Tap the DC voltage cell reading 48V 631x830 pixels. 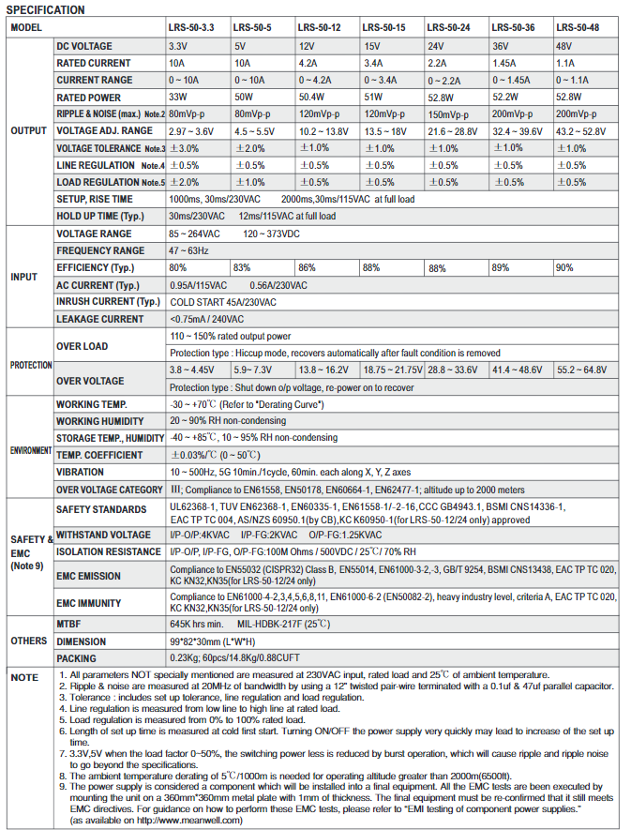pos(564,45)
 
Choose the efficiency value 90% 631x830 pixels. pos(564,267)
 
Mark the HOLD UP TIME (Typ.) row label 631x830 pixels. pos(99,216)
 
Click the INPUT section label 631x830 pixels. pos(23,277)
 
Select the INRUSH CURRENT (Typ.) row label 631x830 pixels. pos(108,301)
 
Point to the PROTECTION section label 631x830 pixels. pos(30,364)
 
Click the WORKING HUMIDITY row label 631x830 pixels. pos(99,420)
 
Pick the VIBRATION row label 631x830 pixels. pos(80,472)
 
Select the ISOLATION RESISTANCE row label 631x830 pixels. pos(108,551)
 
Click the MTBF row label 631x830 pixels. pos(70,623)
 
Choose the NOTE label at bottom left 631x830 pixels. pos(24,676)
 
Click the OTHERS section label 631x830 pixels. pos(29,641)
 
